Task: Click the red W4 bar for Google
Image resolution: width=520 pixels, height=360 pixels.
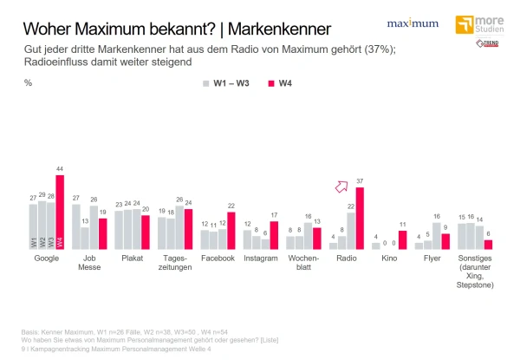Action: click(60, 213)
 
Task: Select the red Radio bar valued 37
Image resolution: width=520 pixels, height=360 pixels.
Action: click(360, 219)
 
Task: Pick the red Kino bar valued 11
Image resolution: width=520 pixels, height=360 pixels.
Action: click(402, 240)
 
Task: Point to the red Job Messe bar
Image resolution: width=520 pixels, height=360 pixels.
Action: click(103, 233)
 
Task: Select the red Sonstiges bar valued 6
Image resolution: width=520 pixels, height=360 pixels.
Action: click(488, 245)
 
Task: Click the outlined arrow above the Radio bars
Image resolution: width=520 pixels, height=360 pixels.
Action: click(341, 186)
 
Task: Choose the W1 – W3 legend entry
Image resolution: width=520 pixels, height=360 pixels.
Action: click(227, 83)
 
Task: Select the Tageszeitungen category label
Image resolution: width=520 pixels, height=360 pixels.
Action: click(177, 264)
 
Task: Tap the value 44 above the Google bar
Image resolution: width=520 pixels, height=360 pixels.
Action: click(60, 168)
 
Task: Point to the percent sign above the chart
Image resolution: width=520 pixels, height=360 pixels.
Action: click(29, 83)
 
